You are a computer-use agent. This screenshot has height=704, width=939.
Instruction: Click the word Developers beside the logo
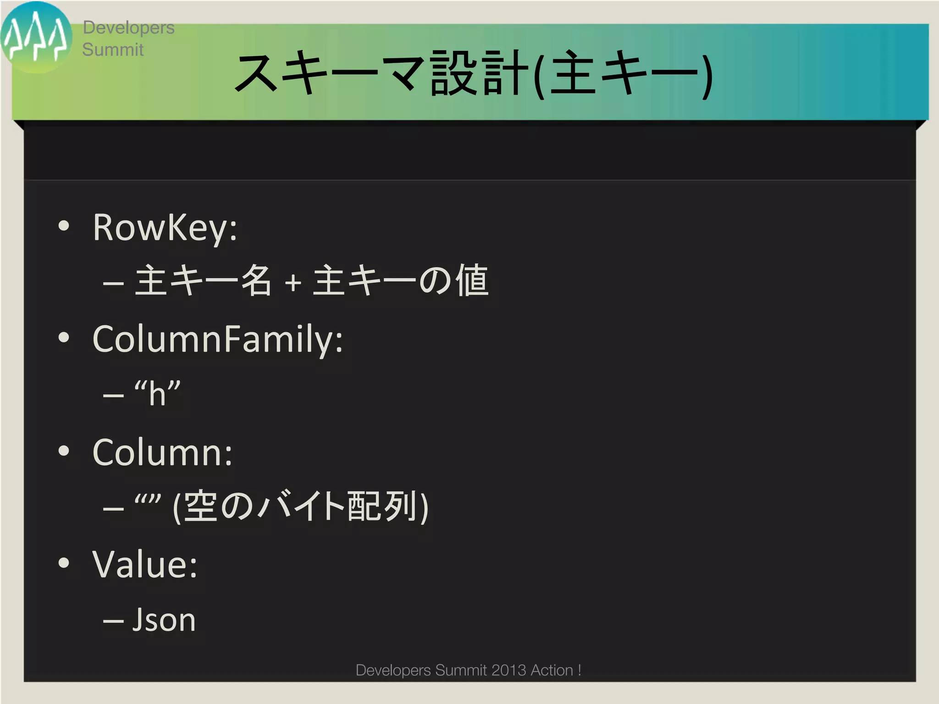point(128,28)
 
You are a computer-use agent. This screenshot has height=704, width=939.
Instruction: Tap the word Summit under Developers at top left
point(113,49)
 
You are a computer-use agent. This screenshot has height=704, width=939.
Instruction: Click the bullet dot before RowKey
point(64,225)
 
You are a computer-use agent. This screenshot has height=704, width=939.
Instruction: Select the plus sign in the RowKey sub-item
point(293,283)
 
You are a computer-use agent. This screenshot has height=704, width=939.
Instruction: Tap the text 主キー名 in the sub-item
point(203,280)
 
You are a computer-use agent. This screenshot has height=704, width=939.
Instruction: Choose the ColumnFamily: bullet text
point(218,339)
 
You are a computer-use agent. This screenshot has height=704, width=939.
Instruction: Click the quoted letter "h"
point(157,393)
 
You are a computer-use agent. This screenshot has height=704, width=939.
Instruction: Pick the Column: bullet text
point(163,452)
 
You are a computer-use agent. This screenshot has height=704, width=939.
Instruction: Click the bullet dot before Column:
point(64,451)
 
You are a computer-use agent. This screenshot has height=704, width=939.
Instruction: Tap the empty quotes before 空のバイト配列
point(148,500)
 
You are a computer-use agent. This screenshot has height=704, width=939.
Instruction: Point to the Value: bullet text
point(145,565)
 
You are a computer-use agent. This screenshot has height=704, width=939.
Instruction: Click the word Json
point(164,620)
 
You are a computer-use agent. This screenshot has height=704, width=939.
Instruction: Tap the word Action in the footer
point(552,670)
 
